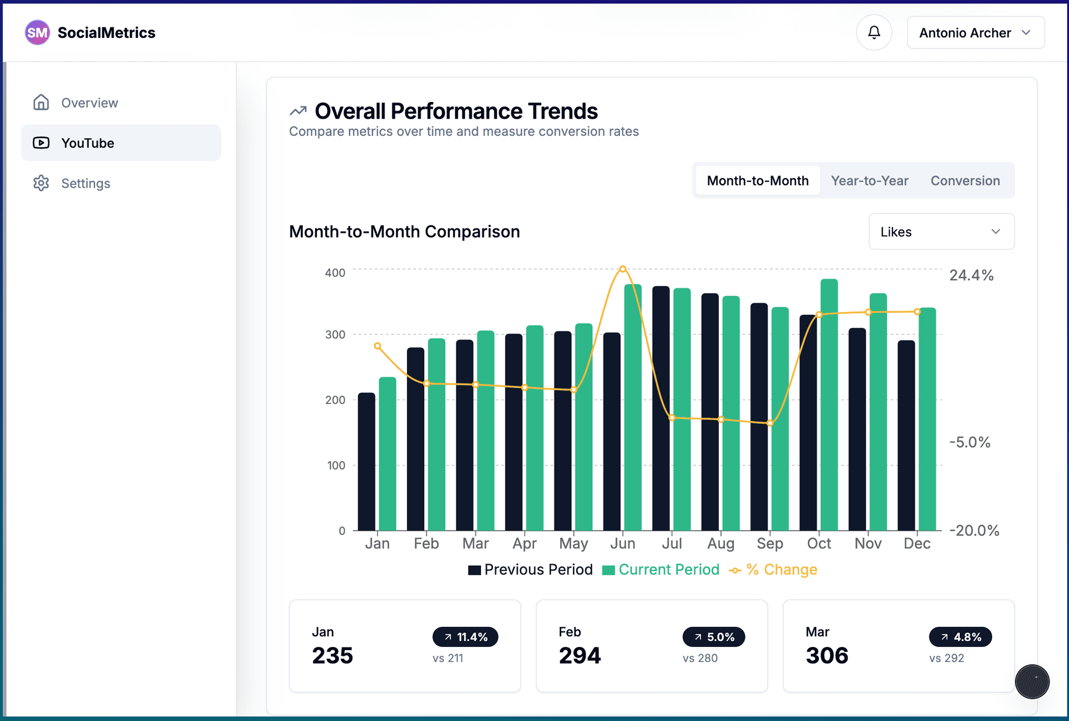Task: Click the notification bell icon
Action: pyautogui.click(x=874, y=32)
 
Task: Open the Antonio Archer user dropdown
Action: pyautogui.click(x=975, y=33)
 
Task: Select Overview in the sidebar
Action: pyautogui.click(x=89, y=103)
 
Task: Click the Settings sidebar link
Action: pyautogui.click(x=85, y=183)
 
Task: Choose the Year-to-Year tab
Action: pyautogui.click(x=869, y=181)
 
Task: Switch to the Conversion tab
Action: pyautogui.click(x=965, y=181)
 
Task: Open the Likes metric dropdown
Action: pyautogui.click(x=941, y=232)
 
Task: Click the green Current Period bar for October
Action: pyautogui.click(x=829, y=407)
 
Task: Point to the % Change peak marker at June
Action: pyautogui.click(x=623, y=269)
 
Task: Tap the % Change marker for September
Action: pyautogui.click(x=770, y=423)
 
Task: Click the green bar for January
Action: pyautogui.click(x=388, y=454)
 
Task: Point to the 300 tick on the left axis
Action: pyautogui.click(x=335, y=334)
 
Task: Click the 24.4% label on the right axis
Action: pyautogui.click(x=971, y=275)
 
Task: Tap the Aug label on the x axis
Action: pyautogui.click(x=720, y=543)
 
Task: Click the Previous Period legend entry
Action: pyautogui.click(x=531, y=569)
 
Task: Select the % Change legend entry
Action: pyautogui.click(x=773, y=569)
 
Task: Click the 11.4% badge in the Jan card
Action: pyautogui.click(x=465, y=637)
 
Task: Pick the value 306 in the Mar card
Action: pyautogui.click(x=827, y=655)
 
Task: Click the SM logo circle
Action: pyautogui.click(x=37, y=33)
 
